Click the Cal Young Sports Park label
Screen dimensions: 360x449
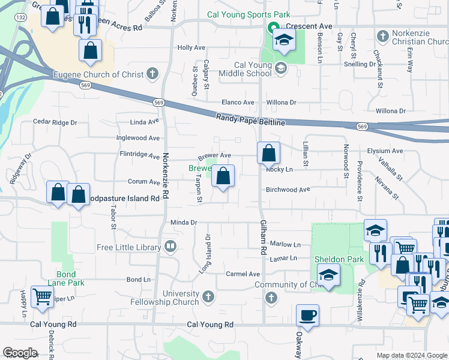tap(249, 14)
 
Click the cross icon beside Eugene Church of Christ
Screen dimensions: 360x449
tap(152, 74)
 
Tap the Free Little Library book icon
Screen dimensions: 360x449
tap(170, 247)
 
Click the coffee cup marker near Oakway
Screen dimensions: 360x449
tap(307, 315)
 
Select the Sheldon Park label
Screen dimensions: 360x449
tap(331, 259)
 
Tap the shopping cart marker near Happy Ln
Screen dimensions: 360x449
tap(42, 296)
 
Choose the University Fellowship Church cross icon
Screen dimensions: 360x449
tap(208, 296)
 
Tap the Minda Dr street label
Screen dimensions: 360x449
tap(184, 222)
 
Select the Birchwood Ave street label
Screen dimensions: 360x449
tap(288, 190)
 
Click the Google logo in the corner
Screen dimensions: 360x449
tap(20, 353)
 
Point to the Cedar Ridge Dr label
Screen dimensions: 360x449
tap(55, 122)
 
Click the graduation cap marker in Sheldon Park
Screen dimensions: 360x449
tap(328, 276)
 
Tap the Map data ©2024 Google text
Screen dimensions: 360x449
tap(411, 355)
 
